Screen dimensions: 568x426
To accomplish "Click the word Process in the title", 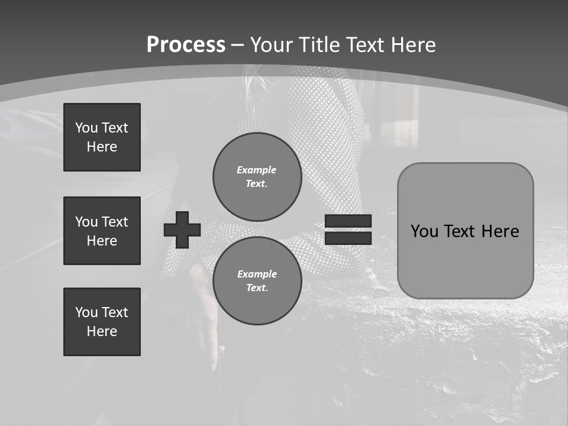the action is tap(186, 45).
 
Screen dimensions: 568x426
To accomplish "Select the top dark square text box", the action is tap(102, 137).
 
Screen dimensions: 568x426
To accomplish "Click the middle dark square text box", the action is tap(102, 231).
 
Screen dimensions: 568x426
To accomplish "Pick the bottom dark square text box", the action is tap(102, 321).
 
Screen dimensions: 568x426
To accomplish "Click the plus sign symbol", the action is tap(182, 230).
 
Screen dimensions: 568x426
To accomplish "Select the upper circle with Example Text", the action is tap(257, 176).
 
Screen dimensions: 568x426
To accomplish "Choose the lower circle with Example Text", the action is tap(257, 280).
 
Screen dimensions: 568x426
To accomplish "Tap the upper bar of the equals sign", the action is tap(348, 221).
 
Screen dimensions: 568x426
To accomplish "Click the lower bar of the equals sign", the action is tap(348, 238).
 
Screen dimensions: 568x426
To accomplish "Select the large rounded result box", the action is tap(465, 230).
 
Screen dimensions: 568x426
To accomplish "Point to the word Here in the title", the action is tap(411, 45).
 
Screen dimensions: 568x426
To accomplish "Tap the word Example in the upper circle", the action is tap(256, 170).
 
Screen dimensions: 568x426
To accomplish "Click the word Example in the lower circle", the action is tap(257, 274).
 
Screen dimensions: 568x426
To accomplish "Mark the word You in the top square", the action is tap(86, 128).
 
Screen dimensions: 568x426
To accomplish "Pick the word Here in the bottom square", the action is tap(102, 331).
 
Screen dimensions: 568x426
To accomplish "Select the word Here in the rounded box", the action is tap(500, 231).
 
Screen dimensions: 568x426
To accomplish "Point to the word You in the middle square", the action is tap(86, 222).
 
